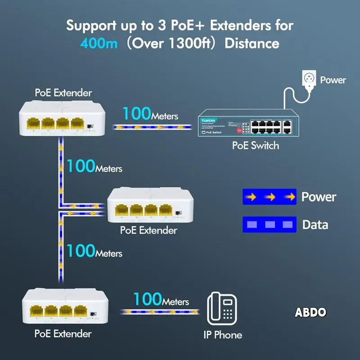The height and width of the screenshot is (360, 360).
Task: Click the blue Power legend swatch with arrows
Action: (x=269, y=197)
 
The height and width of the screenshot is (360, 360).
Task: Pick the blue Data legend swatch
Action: (x=269, y=225)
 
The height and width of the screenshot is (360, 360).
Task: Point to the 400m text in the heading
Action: (x=99, y=44)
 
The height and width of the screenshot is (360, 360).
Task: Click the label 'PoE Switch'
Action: (x=255, y=145)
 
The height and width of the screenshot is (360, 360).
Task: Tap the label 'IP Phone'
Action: (x=221, y=335)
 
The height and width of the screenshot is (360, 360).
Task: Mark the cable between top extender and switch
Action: (x=150, y=127)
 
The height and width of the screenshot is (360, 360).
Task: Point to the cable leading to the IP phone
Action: (x=160, y=311)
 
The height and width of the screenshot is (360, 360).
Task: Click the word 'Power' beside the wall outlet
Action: (x=333, y=80)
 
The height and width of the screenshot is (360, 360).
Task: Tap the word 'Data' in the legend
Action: (x=315, y=225)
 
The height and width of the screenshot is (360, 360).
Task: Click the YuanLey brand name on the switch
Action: (x=208, y=120)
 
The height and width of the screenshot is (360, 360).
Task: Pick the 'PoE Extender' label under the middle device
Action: (x=148, y=230)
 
